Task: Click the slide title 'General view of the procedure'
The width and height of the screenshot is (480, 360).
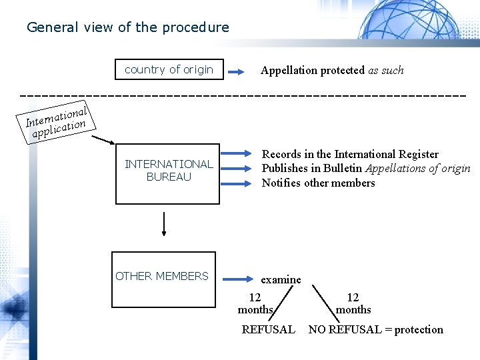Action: tap(127, 27)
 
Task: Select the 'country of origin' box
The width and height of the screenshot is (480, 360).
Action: tap(169, 69)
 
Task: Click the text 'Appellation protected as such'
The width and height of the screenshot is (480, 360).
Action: tap(332, 70)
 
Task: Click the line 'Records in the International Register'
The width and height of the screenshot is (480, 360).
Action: tap(350, 155)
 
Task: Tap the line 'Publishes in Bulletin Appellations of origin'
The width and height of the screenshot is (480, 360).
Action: tap(366, 169)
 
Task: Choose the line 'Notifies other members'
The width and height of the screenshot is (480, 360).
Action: tap(318, 183)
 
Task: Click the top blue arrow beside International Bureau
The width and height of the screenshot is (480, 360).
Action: tap(237, 156)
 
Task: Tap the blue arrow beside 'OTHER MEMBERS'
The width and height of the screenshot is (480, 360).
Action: tap(236, 277)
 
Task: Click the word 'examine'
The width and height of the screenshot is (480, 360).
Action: tap(281, 279)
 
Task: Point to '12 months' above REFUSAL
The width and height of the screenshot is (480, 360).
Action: tap(255, 303)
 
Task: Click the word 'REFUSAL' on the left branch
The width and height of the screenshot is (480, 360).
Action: tap(268, 329)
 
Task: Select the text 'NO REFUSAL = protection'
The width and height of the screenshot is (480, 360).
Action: tap(375, 329)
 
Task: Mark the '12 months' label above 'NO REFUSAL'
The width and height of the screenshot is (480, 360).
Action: tap(353, 303)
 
